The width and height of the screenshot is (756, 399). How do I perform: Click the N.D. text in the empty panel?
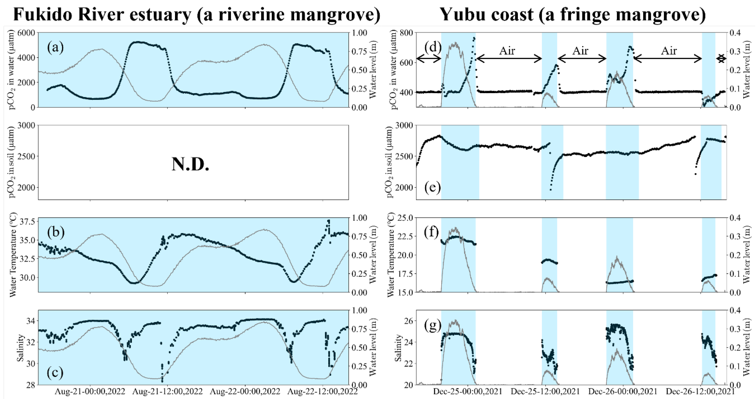(190, 164)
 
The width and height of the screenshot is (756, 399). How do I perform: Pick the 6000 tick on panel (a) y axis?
(26, 33)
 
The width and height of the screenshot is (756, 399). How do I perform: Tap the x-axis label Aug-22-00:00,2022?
(245, 392)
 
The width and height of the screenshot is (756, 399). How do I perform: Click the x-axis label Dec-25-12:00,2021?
(545, 392)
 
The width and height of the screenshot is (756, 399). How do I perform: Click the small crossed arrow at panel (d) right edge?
(721, 59)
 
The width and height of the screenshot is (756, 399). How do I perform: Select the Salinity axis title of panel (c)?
(20, 348)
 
